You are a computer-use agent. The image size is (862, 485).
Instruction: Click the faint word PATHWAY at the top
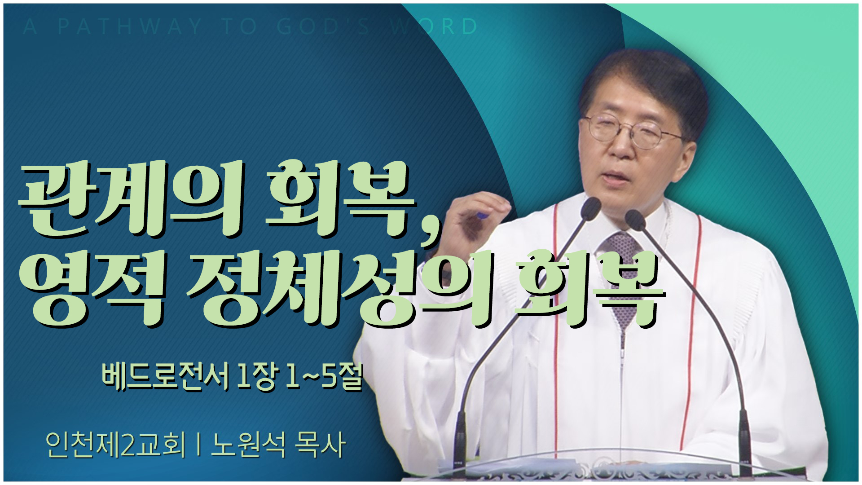click(x=130, y=26)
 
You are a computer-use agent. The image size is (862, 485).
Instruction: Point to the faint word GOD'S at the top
click(x=324, y=26)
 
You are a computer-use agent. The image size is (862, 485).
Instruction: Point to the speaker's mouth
click(x=620, y=177)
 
